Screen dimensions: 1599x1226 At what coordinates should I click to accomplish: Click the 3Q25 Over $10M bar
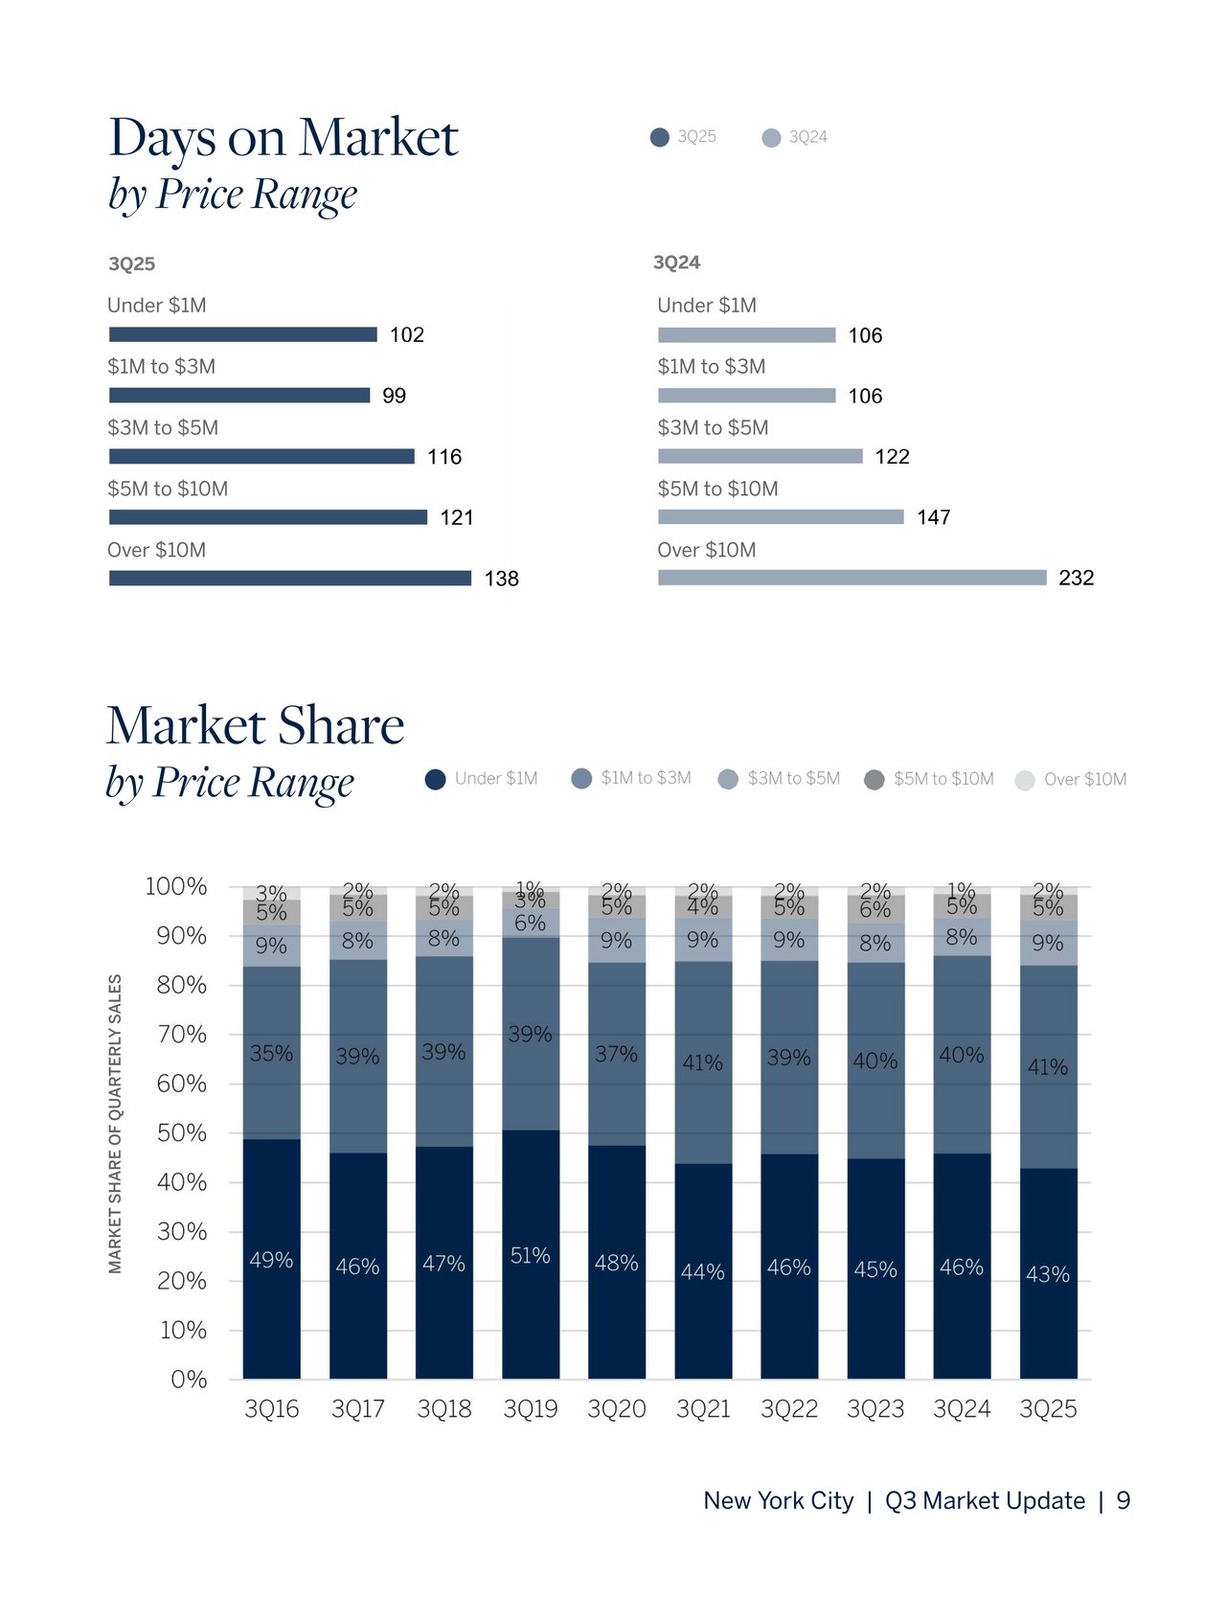click(x=290, y=578)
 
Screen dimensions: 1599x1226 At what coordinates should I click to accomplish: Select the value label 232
click(x=1076, y=578)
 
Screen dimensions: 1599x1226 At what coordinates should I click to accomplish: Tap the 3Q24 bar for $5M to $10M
click(x=781, y=517)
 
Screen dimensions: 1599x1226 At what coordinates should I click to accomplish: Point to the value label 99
click(x=394, y=396)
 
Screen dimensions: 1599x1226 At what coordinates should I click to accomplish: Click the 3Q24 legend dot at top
click(x=771, y=138)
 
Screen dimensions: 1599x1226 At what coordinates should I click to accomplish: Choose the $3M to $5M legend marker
click(x=728, y=779)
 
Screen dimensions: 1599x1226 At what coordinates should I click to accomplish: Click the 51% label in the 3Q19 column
click(x=530, y=1255)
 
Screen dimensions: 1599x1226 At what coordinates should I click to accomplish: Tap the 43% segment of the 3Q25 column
click(x=1048, y=1274)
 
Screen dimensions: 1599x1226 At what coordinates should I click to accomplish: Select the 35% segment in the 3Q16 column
click(x=271, y=1053)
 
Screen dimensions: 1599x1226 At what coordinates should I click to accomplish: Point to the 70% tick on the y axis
click(x=182, y=1035)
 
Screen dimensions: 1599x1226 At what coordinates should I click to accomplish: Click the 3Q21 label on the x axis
click(x=703, y=1409)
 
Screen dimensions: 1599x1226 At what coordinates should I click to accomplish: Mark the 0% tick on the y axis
click(x=189, y=1380)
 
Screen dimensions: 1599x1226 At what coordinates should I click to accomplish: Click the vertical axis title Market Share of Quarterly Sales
click(x=115, y=1124)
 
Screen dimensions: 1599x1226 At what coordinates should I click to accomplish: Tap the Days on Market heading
click(x=284, y=137)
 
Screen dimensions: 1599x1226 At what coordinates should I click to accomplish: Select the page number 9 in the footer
click(x=1124, y=1500)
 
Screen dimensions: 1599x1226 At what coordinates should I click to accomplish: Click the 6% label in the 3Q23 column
click(x=874, y=909)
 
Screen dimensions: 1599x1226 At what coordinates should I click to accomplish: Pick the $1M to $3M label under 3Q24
click(x=711, y=366)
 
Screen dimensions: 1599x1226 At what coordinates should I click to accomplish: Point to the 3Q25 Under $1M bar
click(x=242, y=334)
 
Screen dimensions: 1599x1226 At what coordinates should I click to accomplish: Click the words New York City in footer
click(x=778, y=1500)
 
